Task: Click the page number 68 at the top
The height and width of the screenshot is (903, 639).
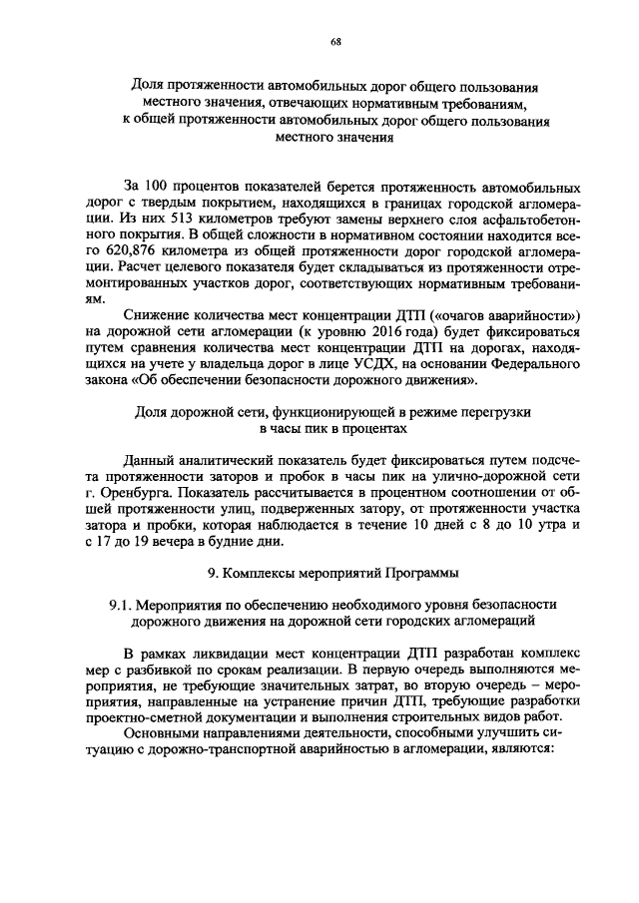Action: coord(335,41)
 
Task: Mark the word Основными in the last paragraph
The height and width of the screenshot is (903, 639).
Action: coord(162,733)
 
